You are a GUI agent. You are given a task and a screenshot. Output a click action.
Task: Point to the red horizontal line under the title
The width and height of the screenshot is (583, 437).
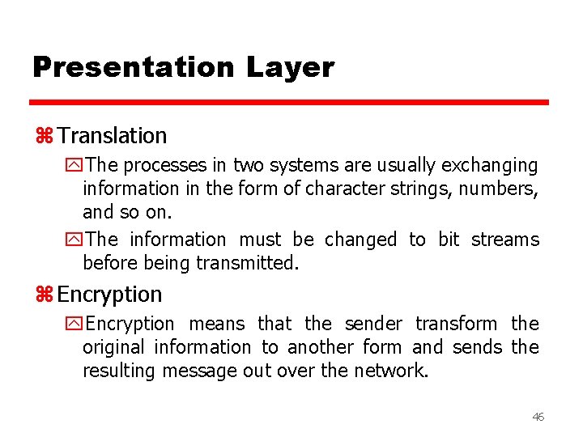coord(289,103)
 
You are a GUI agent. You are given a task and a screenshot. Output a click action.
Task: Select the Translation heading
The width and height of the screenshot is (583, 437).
coord(112,136)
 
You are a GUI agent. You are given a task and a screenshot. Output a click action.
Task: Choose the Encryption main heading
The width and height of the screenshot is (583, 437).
coord(109,294)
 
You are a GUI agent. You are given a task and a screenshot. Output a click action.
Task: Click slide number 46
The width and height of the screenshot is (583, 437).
coord(538,416)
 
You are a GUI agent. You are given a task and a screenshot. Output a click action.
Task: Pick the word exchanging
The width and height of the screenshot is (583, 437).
coord(489,166)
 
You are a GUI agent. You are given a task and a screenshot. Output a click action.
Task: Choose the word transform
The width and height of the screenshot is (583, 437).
coord(456,324)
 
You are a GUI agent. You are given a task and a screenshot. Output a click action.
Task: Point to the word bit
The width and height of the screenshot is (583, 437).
coord(448,240)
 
